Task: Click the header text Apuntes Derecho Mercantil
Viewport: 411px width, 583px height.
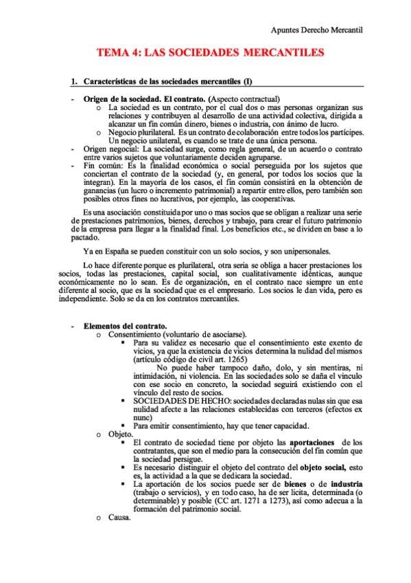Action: pos(317,30)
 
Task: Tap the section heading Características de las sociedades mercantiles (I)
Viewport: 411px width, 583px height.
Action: pos(168,82)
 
